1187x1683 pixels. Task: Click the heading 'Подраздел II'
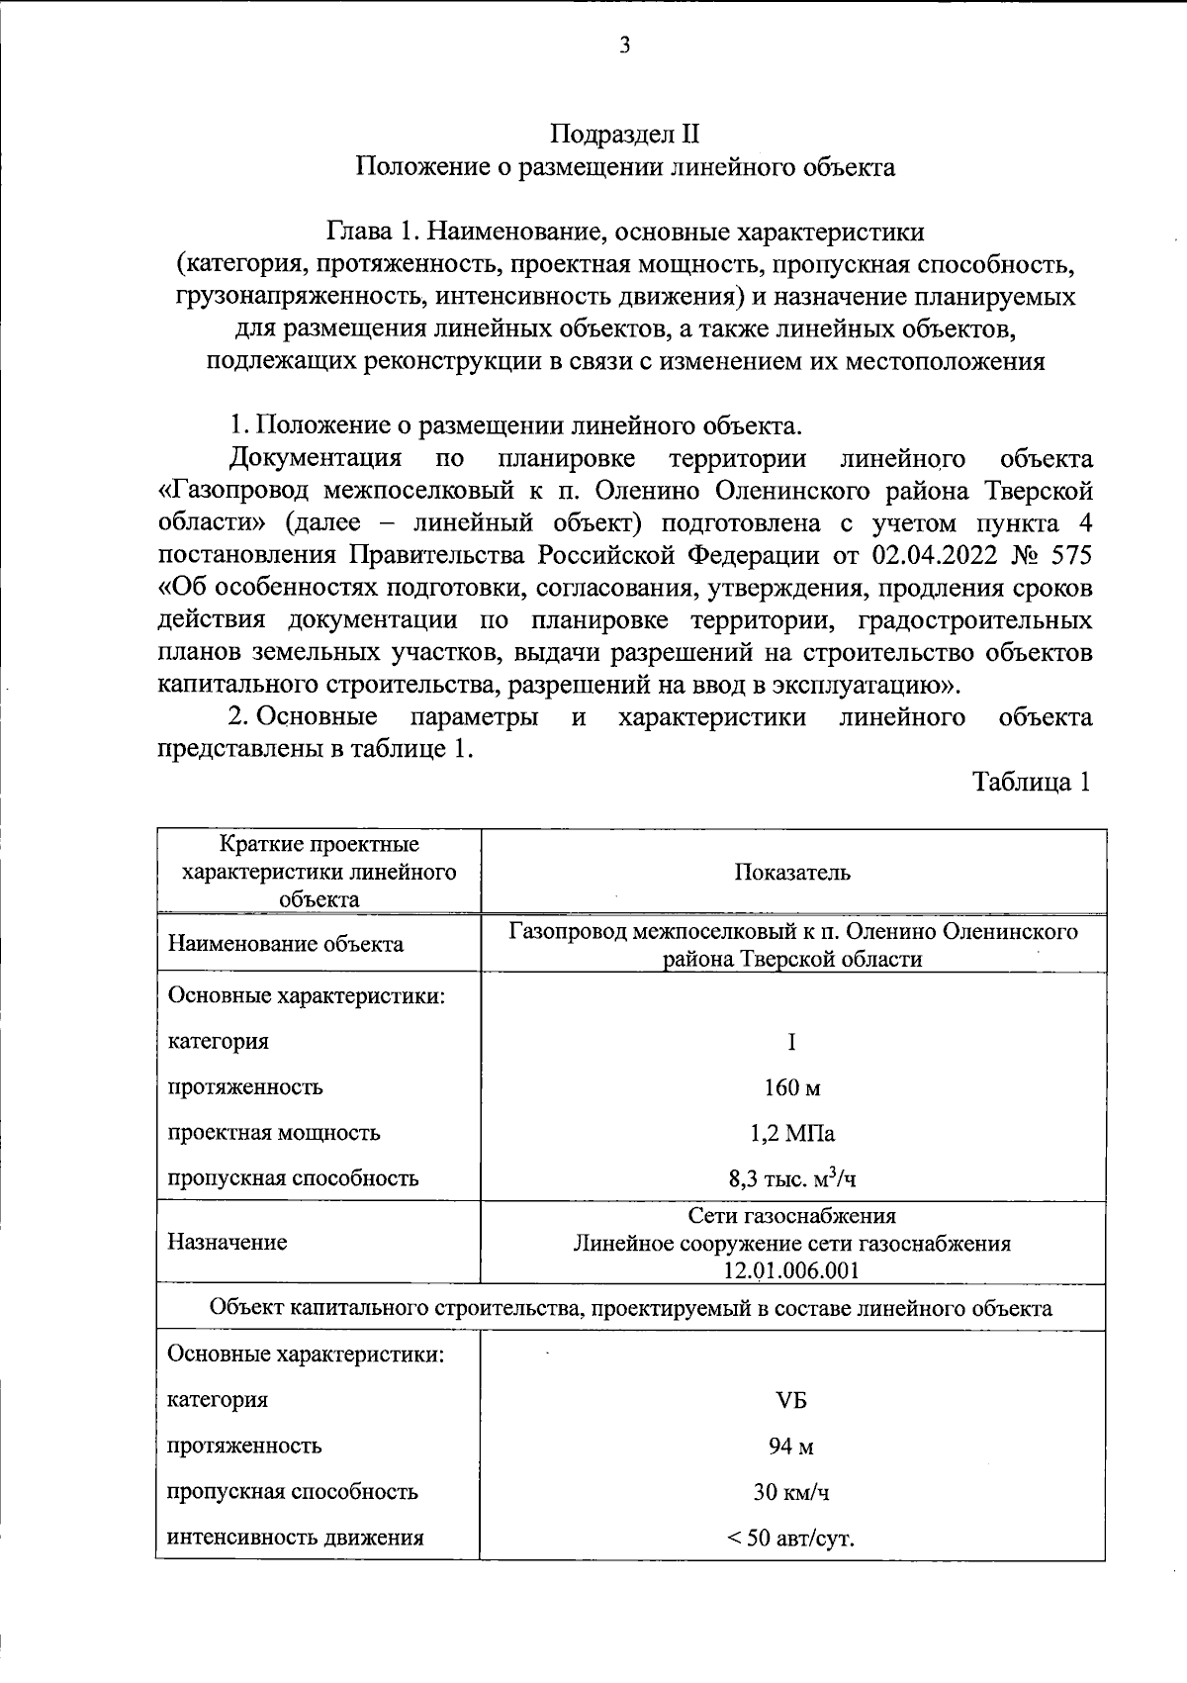pyautogui.click(x=625, y=135)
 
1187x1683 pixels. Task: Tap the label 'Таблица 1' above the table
pyautogui.click(x=1033, y=783)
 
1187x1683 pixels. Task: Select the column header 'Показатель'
pyautogui.click(x=792, y=873)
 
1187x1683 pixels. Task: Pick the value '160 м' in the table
pyautogui.click(x=792, y=1087)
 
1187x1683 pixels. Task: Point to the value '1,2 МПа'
pyautogui.click(x=792, y=1133)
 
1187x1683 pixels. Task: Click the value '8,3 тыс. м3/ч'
pyautogui.click(x=792, y=1178)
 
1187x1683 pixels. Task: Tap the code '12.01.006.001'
pyautogui.click(x=792, y=1270)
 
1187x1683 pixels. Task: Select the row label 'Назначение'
pyautogui.click(x=228, y=1243)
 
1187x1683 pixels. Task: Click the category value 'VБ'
pyautogui.click(x=792, y=1400)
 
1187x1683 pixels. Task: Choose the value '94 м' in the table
pyautogui.click(x=792, y=1446)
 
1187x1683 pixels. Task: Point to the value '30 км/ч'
pyautogui.click(x=792, y=1491)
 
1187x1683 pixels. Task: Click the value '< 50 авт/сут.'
pyautogui.click(x=792, y=1539)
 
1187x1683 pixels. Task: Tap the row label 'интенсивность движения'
pyautogui.click(x=296, y=1538)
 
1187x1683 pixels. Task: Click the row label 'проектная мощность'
pyautogui.click(x=274, y=1133)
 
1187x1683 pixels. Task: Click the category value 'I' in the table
pyautogui.click(x=792, y=1042)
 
